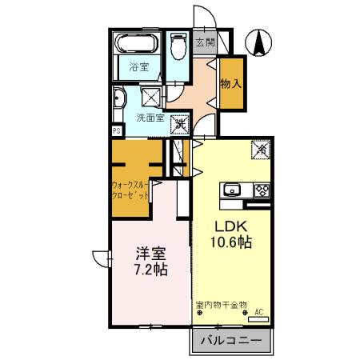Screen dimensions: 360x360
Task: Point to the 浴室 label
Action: pos(139,67)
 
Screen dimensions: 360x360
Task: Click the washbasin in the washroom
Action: pos(118,102)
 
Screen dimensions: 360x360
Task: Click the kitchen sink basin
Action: pos(232,190)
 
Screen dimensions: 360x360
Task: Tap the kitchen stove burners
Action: pos(262,190)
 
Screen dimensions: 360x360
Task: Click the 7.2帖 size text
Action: pos(150,270)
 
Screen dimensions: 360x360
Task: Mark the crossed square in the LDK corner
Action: pos(260,149)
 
